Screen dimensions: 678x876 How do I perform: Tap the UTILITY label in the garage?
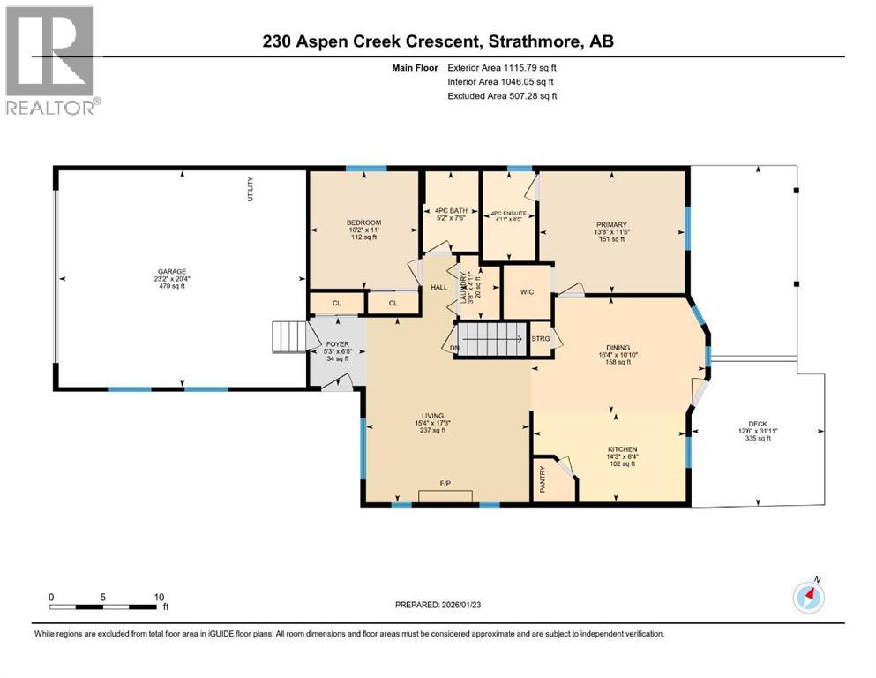251,191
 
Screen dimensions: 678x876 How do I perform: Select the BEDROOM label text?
363,222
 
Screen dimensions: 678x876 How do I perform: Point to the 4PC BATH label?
451,210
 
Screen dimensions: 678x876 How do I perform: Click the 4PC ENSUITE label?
508,212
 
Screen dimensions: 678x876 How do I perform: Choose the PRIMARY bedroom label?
610,224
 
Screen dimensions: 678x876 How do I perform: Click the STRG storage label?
541,339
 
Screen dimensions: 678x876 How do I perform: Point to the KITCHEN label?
622,449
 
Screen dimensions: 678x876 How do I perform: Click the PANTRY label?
543,479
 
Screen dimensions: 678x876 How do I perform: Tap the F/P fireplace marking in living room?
446,484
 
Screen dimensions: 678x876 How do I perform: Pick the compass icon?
808,598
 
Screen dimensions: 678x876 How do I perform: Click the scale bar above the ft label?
106,606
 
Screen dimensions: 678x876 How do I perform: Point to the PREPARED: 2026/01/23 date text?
444,605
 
